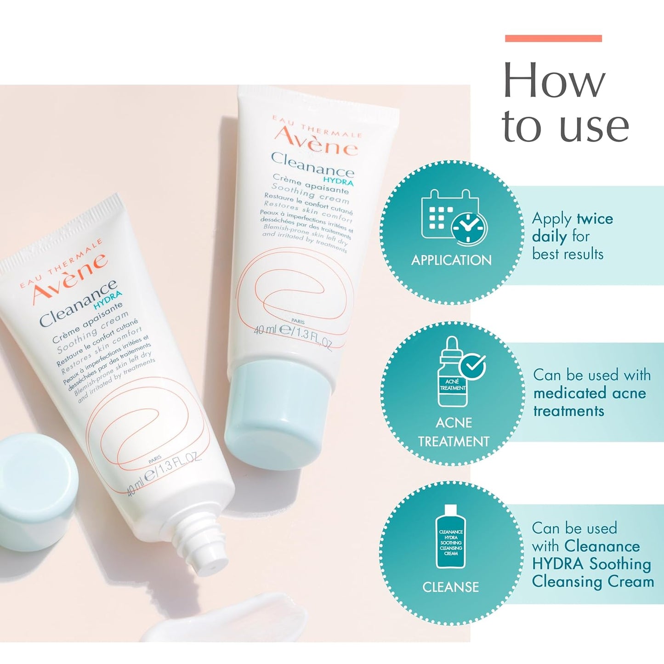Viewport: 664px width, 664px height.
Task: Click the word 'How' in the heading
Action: (x=554, y=81)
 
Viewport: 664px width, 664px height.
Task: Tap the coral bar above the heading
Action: (x=553, y=39)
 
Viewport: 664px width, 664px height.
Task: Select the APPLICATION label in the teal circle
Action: (x=451, y=260)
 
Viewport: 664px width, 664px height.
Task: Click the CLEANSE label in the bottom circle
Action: (x=450, y=587)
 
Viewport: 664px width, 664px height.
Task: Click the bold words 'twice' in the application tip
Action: (x=595, y=218)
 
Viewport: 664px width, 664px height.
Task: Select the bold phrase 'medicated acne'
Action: (x=590, y=393)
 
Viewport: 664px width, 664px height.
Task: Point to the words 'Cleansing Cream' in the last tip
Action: (x=593, y=581)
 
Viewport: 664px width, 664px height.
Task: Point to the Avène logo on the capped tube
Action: (x=316, y=142)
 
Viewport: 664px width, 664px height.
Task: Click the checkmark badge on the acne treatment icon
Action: (x=473, y=365)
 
